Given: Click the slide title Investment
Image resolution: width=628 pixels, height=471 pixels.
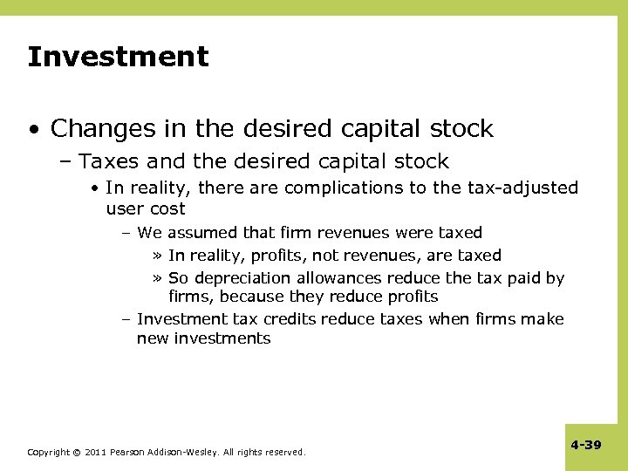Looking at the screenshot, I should [x=118, y=58].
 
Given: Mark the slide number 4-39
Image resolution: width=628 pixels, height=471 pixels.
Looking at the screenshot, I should [x=586, y=445].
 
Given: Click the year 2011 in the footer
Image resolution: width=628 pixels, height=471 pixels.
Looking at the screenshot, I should [x=96, y=453].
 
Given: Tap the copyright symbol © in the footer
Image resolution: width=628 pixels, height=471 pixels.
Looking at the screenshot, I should [x=77, y=453].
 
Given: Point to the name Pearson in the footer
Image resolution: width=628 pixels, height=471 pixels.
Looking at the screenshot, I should [x=129, y=453].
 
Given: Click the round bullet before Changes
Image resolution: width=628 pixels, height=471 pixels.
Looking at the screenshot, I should [x=32, y=130].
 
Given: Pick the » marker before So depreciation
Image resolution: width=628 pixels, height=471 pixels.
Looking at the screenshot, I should [x=158, y=278].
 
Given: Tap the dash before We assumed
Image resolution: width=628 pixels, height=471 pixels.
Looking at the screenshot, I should [x=127, y=233].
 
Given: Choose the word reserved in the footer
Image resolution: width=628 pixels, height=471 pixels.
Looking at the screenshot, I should [x=284, y=453].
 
